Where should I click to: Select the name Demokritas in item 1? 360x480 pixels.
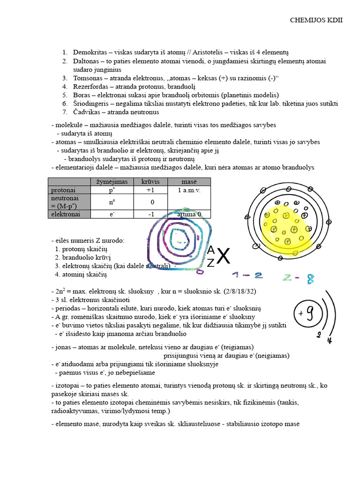[x=90, y=52]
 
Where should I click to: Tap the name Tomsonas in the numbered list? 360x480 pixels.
[x=87, y=78]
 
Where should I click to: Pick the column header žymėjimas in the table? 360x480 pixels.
[x=112, y=182]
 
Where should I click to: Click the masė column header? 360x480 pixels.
[x=189, y=182]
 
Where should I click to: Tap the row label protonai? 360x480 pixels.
[x=63, y=190]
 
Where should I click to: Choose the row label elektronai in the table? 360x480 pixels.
[x=65, y=214]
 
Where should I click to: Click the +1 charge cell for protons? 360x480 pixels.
[x=150, y=190]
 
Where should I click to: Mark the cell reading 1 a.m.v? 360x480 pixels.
[x=189, y=190]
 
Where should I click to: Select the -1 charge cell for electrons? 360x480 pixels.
[x=150, y=214]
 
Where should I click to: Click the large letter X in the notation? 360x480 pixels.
[x=224, y=256]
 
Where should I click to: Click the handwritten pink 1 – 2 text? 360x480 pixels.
[x=247, y=275]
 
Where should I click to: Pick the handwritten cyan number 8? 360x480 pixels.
[x=310, y=279]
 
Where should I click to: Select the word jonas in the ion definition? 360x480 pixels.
[x=64, y=347]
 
